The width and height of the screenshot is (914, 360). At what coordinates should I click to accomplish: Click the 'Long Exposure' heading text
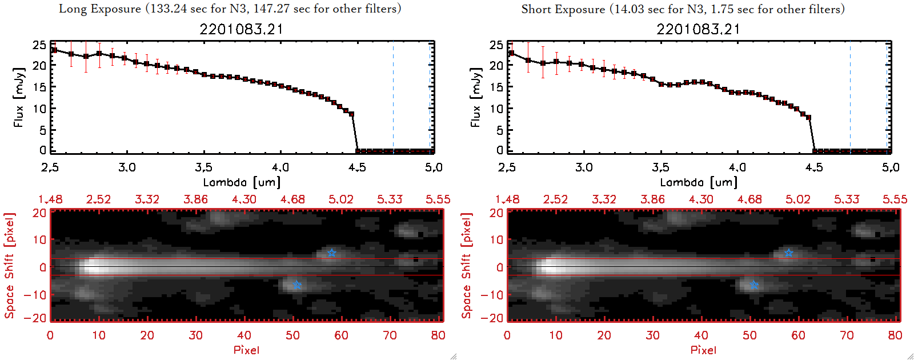coord(100,9)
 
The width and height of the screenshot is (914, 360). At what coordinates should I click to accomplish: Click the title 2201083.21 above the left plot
coord(241,29)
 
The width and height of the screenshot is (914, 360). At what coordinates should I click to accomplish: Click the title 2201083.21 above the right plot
coord(698,29)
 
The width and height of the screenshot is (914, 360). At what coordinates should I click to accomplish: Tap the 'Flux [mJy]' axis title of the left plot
coord(19,97)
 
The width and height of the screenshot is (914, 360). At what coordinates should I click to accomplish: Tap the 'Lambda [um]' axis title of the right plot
coord(699,182)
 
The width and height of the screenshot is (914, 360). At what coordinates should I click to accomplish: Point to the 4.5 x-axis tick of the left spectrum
coord(357,167)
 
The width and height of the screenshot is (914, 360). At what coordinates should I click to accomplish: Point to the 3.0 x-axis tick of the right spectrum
coord(584,167)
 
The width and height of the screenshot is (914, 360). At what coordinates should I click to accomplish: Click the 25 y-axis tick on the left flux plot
coord(39,45)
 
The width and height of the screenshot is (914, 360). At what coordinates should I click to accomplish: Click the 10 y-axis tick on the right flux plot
coord(496,109)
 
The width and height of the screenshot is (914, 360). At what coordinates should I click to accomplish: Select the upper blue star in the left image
coord(332,253)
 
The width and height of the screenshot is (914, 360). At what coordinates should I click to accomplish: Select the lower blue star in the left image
coord(297,285)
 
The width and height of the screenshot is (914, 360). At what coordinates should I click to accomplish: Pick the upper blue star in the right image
coord(789,253)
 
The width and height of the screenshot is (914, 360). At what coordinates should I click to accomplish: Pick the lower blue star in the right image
coord(754,285)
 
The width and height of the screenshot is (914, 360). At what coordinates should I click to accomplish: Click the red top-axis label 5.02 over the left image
coord(341,199)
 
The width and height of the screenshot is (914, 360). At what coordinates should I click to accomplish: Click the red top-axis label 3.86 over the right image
coord(652,199)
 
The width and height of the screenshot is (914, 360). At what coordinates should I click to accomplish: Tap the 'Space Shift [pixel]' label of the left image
coord(10,266)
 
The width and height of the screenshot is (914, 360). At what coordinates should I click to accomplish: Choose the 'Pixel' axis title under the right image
coord(703,350)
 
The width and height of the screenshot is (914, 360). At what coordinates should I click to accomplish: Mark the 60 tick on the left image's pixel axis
coord(341,335)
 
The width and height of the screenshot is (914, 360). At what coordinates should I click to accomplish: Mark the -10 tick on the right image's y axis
coord(492,294)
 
